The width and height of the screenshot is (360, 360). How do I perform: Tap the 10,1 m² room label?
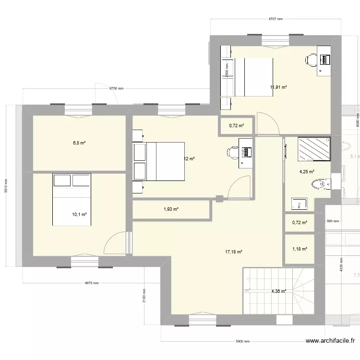pyautogui.click(x=79, y=215)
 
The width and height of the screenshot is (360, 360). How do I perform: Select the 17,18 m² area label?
pyautogui.click(x=234, y=252)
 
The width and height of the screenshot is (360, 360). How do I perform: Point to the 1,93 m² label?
pyautogui.click(x=170, y=209)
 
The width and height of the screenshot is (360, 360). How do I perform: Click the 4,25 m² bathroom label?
pyautogui.click(x=307, y=172)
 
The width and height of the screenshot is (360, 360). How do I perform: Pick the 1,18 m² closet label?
pyautogui.click(x=300, y=249)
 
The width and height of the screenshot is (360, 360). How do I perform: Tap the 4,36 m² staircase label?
pyautogui.click(x=278, y=291)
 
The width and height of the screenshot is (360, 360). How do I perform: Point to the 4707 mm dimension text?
pyautogui.click(x=275, y=20)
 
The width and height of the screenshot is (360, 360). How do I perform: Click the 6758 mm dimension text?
pyautogui.click(x=116, y=89)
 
